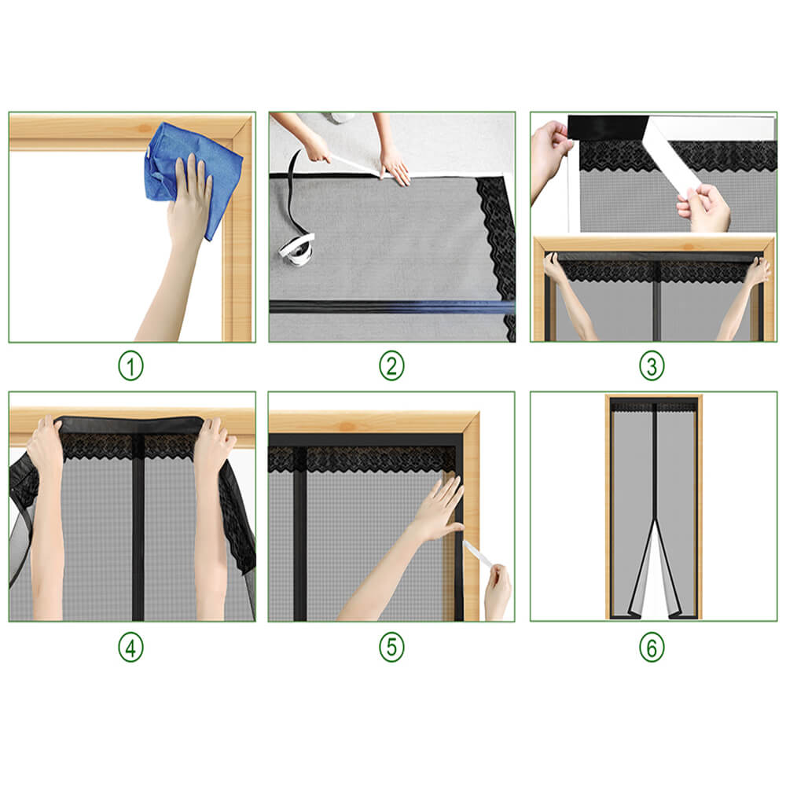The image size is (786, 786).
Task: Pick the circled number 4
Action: [131, 647]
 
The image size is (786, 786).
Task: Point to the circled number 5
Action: [391, 647]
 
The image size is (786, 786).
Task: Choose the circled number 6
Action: [652, 647]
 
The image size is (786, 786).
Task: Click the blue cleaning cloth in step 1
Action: [189, 169]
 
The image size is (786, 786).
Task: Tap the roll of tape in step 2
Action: [296, 248]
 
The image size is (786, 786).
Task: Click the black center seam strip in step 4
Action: [138, 534]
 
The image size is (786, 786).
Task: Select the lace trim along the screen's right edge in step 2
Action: [495, 236]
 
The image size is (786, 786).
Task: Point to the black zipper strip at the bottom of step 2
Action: [385, 307]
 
